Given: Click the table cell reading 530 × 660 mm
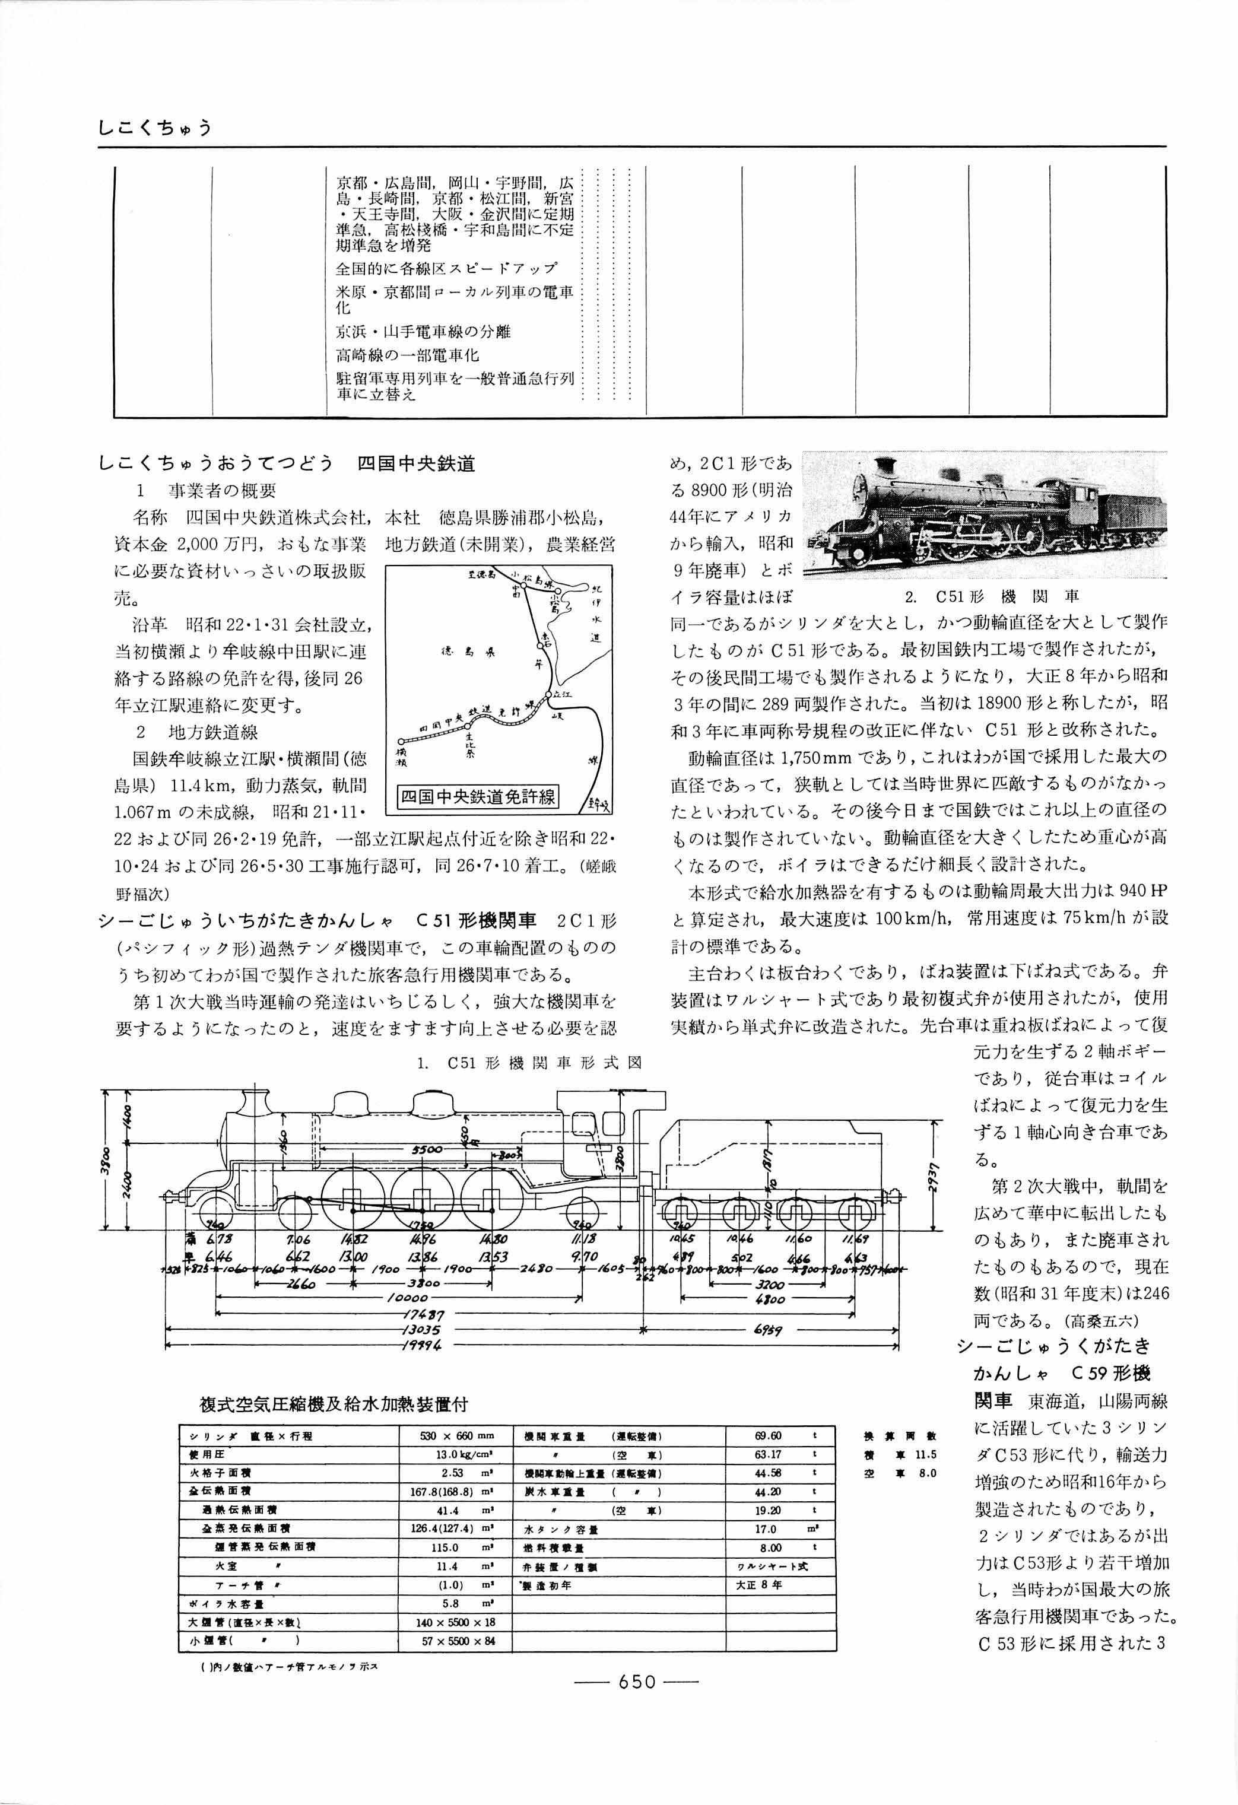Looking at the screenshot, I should [x=456, y=1436].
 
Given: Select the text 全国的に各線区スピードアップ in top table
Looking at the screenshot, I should [x=446, y=269].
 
